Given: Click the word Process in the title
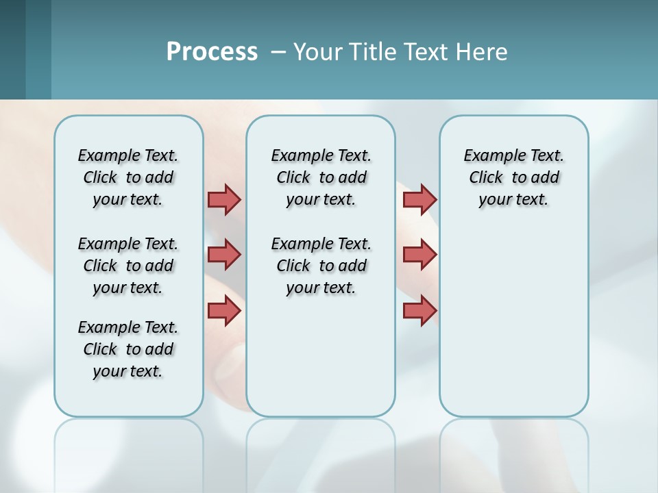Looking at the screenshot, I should point(212,52).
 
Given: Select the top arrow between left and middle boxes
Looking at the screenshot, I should point(224,199).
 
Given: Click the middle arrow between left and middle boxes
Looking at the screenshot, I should point(224,255).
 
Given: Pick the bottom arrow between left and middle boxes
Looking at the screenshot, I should point(224,310).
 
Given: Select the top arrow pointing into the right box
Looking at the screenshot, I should point(419,199).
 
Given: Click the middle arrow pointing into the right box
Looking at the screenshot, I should point(419,255).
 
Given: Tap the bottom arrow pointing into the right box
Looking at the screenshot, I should point(419,310).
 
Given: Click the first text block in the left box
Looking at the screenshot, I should point(128,177).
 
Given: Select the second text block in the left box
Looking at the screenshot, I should point(128,266).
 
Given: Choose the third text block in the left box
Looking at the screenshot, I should point(128,349).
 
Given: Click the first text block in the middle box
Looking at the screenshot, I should point(321,177).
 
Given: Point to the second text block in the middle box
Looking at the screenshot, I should point(321,266).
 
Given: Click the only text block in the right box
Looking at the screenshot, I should point(513,177).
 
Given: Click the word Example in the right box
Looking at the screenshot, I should point(489,156).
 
